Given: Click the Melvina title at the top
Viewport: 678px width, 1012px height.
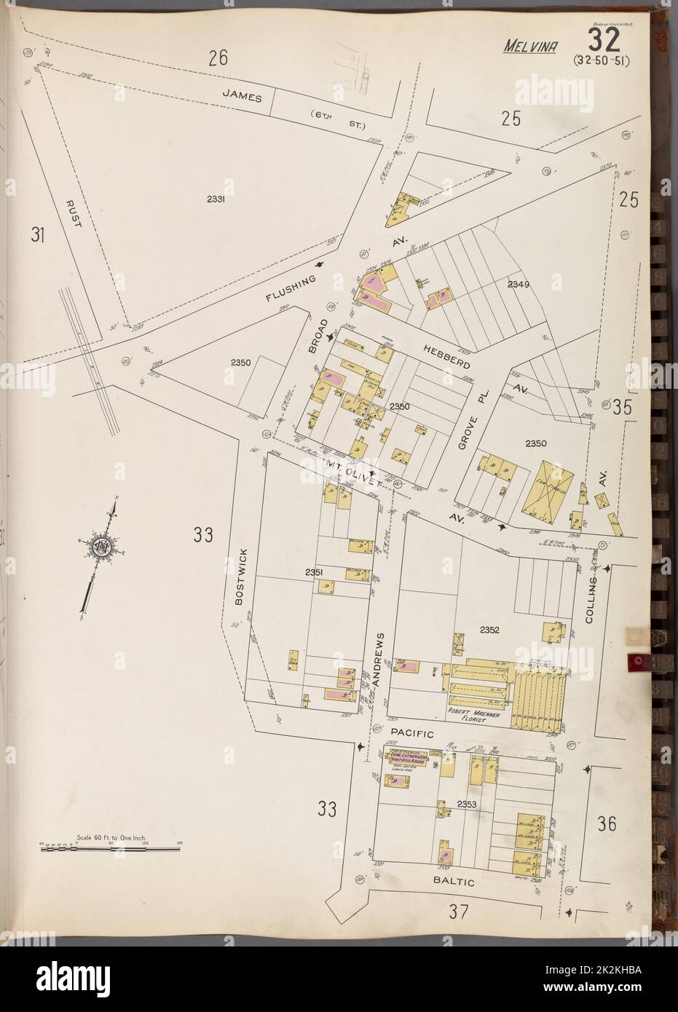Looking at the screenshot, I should point(529,47).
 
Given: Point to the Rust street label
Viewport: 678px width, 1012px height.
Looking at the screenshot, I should point(72,214).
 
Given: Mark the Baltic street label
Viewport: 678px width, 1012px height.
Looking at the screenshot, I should point(456,882).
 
